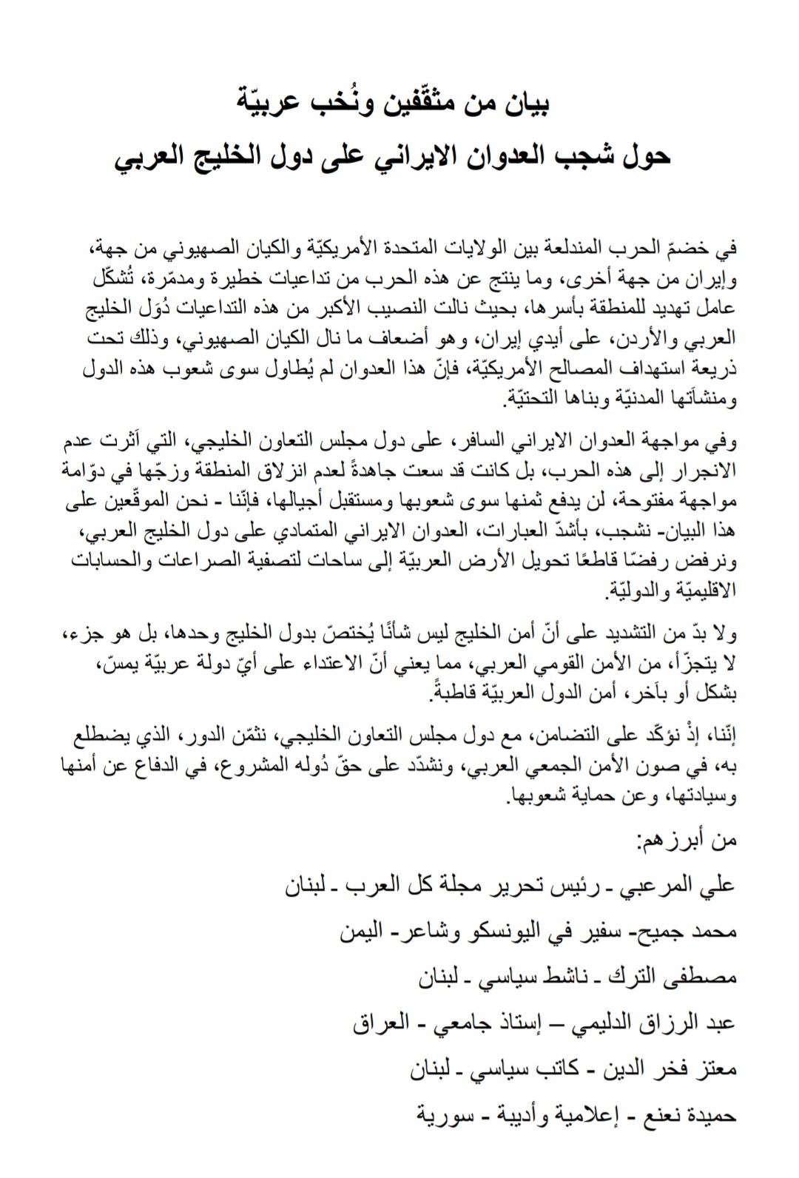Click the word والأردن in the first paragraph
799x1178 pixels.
pyautogui.click(x=657, y=340)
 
